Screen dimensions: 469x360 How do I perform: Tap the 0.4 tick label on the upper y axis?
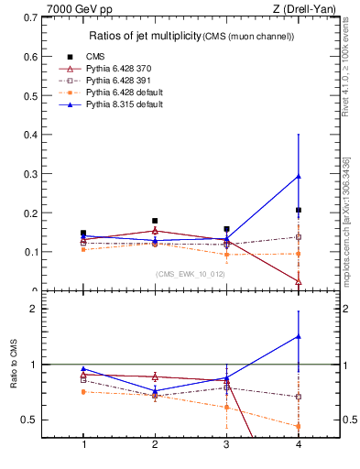[42, 135]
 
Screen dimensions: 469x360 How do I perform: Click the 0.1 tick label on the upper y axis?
[42, 252]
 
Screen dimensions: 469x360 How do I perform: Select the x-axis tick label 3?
[226, 444]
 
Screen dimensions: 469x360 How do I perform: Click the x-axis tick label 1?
[84, 444]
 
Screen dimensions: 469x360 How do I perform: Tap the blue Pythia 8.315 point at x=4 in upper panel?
[298, 176]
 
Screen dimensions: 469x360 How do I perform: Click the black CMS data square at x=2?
[155, 221]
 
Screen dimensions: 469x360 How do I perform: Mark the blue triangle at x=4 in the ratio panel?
[298, 336]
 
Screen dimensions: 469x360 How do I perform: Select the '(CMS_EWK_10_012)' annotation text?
[185, 274]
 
